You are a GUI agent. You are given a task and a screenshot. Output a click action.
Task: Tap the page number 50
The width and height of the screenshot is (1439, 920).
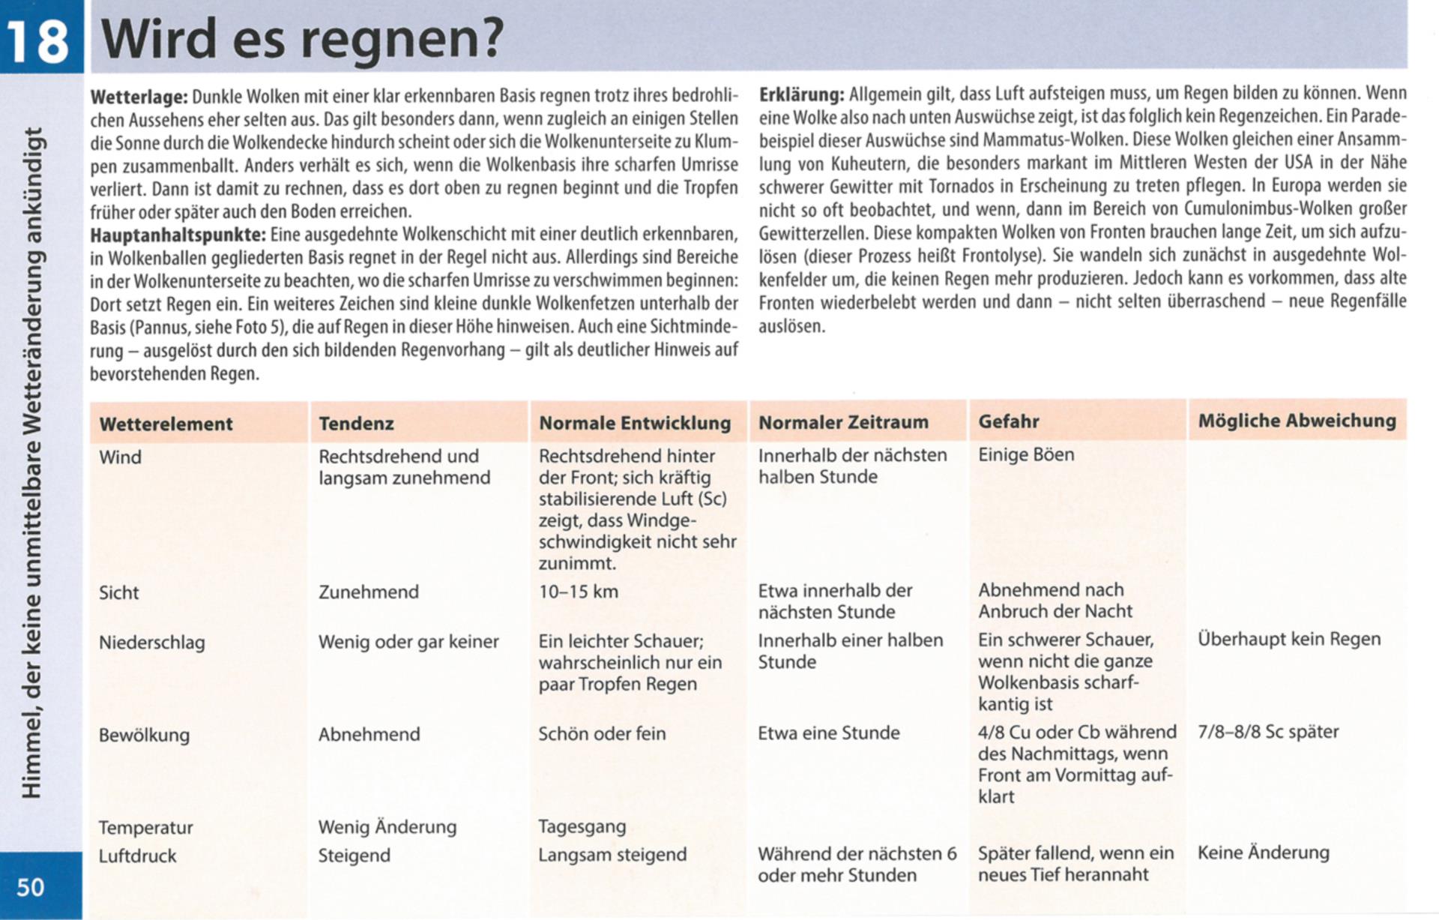(x=31, y=887)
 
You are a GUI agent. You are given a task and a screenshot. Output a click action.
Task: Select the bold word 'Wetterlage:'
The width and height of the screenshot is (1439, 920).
(x=139, y=97)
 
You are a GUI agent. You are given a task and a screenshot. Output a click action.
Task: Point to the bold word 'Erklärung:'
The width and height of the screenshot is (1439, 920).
(x=801, y=94)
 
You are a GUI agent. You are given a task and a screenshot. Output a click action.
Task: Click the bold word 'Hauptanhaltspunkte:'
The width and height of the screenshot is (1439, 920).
(x=178, y=235)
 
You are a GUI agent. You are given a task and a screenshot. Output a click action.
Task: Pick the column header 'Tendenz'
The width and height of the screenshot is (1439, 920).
(x=356, y=424)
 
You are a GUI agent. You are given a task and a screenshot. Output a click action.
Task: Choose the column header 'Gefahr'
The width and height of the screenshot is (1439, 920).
(x=1008, y=421)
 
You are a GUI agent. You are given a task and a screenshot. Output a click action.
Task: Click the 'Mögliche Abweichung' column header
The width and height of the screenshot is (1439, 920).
(x=1297, y=421)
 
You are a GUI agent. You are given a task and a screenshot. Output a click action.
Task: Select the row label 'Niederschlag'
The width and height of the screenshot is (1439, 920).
(x=151, y=643)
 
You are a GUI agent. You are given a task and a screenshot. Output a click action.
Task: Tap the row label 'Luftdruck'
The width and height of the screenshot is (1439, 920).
(x=137, y=856)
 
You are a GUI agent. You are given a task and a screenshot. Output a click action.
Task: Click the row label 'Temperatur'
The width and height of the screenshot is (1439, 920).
(x=145, y=828)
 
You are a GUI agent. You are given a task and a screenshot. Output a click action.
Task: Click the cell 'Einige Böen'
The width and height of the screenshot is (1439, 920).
(x=1026, y=454)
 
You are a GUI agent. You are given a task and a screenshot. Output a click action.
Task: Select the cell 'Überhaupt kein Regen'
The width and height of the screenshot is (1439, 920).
(x=1288, y=639)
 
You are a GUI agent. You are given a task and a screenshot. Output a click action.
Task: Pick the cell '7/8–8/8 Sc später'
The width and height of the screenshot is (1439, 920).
(x=1267, y=731)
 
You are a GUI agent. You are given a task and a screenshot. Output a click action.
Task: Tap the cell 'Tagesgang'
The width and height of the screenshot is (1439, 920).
(x=582, y=826)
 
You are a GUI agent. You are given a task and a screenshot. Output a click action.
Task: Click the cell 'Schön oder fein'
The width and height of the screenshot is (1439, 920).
(x=602, y=733)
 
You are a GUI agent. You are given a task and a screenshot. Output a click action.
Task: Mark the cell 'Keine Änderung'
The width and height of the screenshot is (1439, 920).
(x=1263, y=853)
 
